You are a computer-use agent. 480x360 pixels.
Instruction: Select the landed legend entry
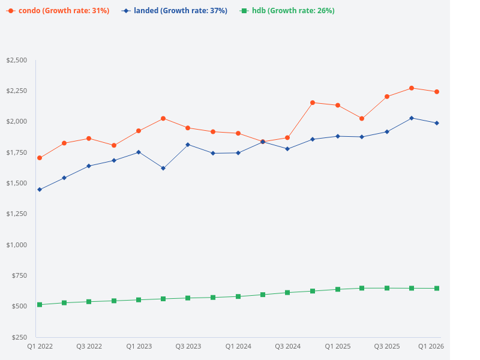(x=175, y=11)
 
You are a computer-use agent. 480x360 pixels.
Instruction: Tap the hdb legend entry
(x=287, y=11)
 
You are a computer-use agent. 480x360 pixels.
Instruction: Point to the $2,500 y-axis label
(x=16, y=60)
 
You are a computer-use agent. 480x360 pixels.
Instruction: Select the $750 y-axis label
(x=19, y=275)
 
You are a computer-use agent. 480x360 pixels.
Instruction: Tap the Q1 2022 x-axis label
(x=40, y=346)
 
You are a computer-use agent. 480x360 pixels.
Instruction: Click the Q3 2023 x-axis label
(x=188, y=346)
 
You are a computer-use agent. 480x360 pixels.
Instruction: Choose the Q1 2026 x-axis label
(x=431, y=346)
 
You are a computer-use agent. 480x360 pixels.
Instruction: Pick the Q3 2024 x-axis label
(x=287, y=346)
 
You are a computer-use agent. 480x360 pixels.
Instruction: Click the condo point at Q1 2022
(x=40, y=158)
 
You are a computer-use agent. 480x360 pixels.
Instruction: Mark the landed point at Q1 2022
(x=40, y=190)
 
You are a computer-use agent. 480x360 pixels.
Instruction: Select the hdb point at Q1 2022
(x=40, y=305)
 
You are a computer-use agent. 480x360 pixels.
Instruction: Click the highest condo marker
(x=412, y=88)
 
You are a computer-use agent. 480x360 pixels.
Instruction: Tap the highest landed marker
(x=412, y=118)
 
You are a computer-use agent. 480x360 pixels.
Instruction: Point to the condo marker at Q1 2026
(x=437, y=92)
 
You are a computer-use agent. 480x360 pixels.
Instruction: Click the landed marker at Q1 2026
(x=437, y=123)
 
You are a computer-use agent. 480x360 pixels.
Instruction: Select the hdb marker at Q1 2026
(x=437, y=289)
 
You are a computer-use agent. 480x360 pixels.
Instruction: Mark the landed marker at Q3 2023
(x=188, y=145)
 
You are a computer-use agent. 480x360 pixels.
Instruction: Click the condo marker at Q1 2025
(x=338, y=105)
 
